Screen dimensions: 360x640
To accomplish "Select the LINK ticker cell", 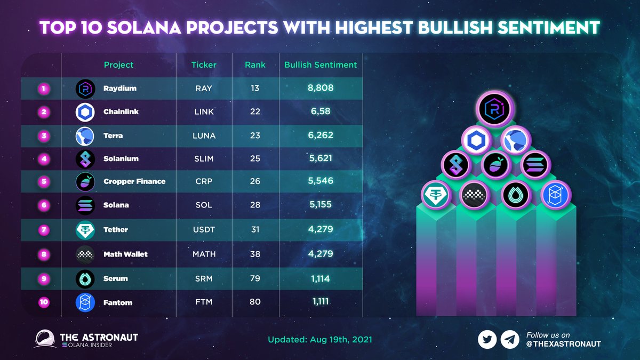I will [x=204, y=111].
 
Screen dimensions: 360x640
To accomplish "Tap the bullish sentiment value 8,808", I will [x=321, y=88].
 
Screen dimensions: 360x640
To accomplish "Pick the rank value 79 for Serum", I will [x=255, y=278].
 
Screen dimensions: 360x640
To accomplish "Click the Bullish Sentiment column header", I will [x=321, y=65].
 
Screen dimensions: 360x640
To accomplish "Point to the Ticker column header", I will [x=204, y=65].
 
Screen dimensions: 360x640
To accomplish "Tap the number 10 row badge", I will [x=44, y=302].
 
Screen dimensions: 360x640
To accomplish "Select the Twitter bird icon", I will [x=487, y=339].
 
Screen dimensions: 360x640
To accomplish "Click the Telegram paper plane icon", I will [x=510, y=339].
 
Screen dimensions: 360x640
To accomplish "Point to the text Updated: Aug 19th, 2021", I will [x=319, y=340].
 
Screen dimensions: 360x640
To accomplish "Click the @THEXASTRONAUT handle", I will [x=563, y=344].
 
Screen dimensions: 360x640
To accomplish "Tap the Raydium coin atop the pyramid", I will [x=493, y=109].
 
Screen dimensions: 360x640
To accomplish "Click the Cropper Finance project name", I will [x=134, y=181].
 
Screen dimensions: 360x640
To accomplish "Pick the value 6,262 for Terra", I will [x=321, y=135].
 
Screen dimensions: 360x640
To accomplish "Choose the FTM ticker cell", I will [x=204, y=302].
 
